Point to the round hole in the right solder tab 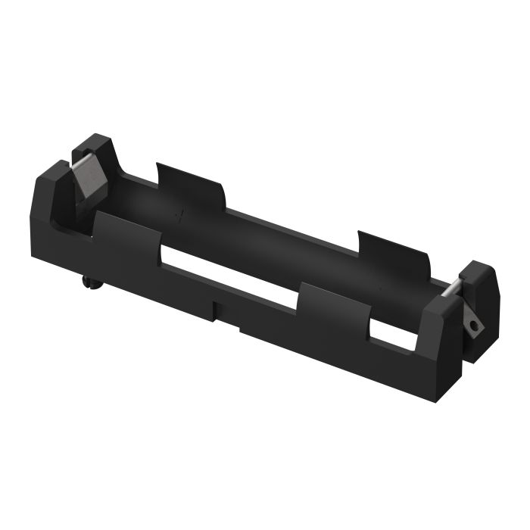coord(475,325)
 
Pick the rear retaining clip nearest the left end coord(189,185)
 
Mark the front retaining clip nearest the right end coord(333,310)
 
